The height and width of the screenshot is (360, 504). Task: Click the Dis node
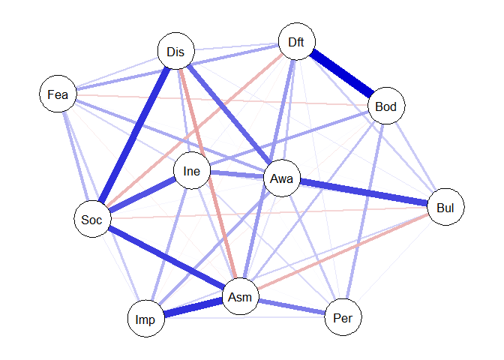pos(176,51)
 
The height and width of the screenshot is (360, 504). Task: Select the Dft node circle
pos(297,41)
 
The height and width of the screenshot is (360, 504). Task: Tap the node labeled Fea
pos(58,94)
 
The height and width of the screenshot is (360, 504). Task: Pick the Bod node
pos(386,106)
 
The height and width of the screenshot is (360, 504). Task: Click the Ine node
pos(192,170)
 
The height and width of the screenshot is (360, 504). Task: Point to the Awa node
pos(282,178)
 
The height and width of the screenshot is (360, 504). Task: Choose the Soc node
pos(92,219)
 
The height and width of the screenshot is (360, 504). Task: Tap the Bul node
pos(445,207)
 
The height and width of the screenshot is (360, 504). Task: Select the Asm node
pos(241,296)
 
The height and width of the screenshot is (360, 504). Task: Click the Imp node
pos(146,319)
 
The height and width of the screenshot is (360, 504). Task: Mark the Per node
pos(343,317)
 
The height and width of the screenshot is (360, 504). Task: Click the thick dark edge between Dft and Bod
pos(342,73)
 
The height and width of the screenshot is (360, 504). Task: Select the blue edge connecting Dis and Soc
pos(134,135)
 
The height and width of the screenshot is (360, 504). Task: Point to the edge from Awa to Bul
pos(364,193)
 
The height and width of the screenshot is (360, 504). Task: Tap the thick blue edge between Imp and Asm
pos(193,307)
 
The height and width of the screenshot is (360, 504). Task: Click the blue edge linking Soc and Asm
pos(166,257)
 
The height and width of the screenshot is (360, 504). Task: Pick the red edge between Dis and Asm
pos(208,173)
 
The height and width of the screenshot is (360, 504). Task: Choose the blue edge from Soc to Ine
pos(142,195)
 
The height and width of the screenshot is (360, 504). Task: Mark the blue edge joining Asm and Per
pos(292,307)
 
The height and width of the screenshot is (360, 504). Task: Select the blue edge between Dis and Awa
pos(229,115)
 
